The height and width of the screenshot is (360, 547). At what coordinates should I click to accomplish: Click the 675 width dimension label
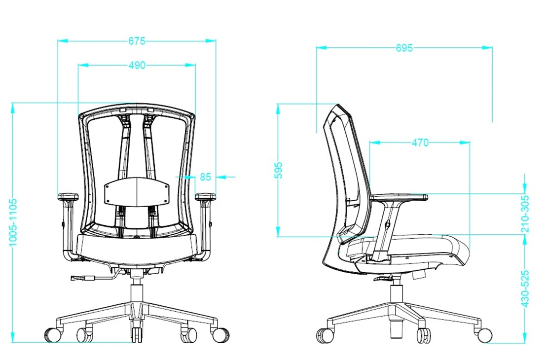[x=137, y=41]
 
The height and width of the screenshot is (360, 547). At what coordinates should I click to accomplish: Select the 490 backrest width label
[x=137, y=65]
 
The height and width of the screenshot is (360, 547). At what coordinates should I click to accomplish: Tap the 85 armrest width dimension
[x=206, y=177]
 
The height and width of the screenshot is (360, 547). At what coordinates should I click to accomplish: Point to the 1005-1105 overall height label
[x=13, y=222]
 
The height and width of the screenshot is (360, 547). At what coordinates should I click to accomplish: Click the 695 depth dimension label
[x=404, y=48]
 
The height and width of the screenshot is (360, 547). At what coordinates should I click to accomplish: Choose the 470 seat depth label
[x=420, y=143]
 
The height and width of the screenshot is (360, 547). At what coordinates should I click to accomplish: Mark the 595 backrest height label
[x=278, y=170]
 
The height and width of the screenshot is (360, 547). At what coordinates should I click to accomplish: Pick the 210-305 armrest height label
[x=525, y=214]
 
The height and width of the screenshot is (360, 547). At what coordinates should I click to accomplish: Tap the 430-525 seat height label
[x=525, y=288]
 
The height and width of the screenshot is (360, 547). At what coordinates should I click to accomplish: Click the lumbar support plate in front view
[x=137, y=191]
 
